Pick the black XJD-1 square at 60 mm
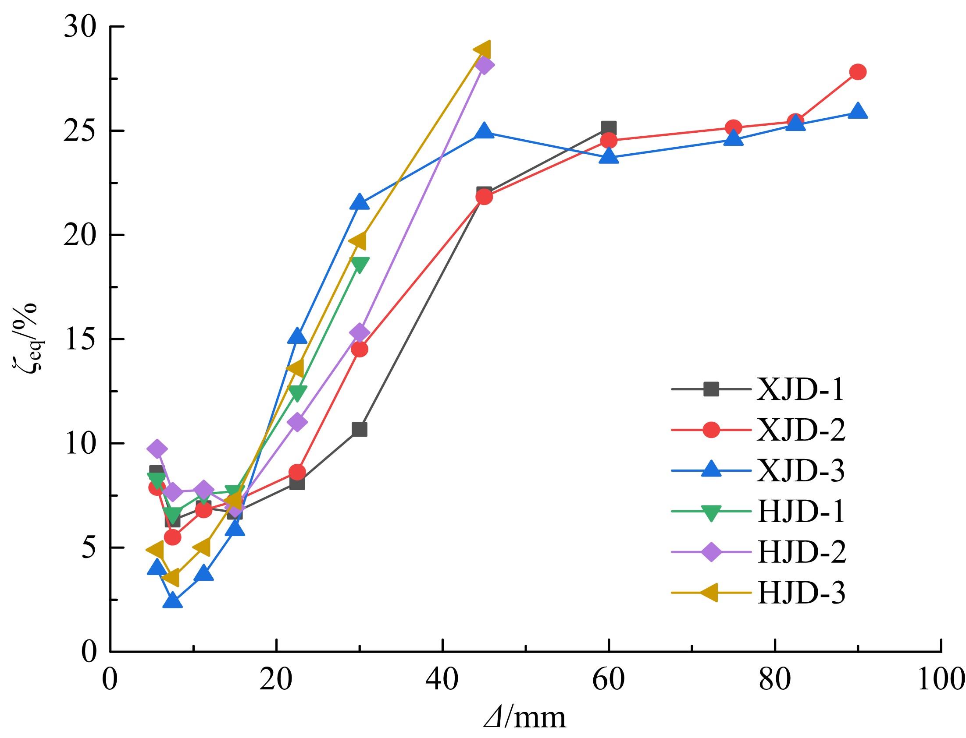click(x=609, y=128)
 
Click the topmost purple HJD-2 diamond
click(x=484, y=65)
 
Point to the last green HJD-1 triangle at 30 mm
click(x=360, y=265)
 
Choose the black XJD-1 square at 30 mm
click(x=359, y=430)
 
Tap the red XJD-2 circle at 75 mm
click(x=733, y=128)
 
